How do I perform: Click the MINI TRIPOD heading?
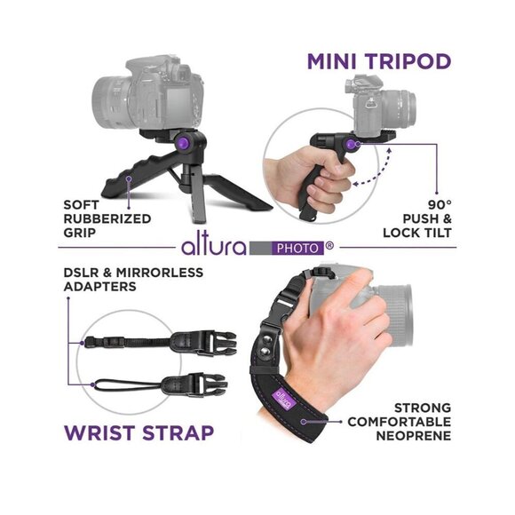(x=378, y=61)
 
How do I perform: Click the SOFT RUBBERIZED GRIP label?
(x=107, y=218)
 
